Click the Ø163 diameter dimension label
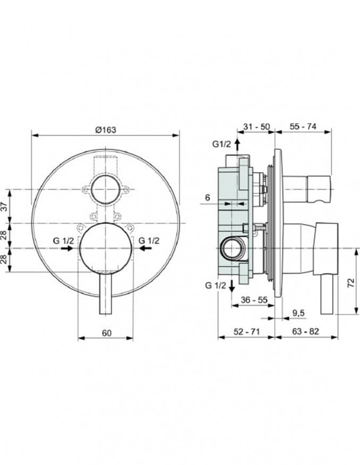pos(106,130)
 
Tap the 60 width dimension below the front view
pos(106,333)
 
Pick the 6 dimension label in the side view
pos(208,197)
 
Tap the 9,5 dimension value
pos(298,314)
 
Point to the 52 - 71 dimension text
pos(246,332)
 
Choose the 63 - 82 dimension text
pos(306,332)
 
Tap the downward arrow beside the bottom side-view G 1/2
pos(232,286)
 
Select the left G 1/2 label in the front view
pos(63,240)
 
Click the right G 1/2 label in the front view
pos(149,240)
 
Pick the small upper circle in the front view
pos(105,190)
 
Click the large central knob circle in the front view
pos(105,248)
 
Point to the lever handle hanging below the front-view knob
pos(105,295)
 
